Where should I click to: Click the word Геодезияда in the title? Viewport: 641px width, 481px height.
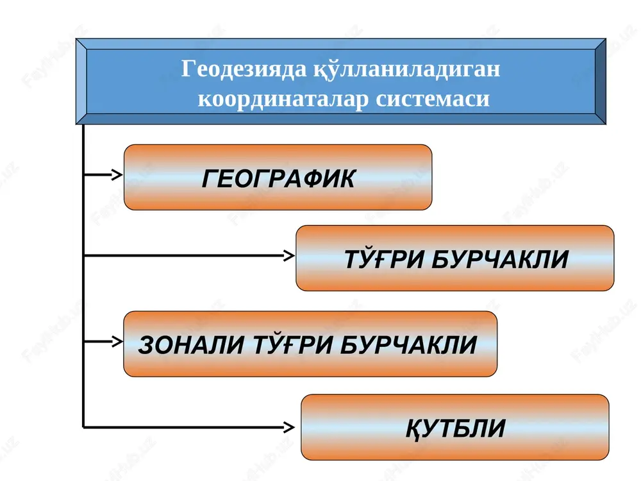coord(244,69)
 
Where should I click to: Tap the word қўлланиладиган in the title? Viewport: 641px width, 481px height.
coord(407,68)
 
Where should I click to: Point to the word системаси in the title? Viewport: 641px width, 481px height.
coord(433,99)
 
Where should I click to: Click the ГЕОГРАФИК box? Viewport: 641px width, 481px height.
coord(278,177)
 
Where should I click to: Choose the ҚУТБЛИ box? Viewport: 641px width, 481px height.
coord(455,427)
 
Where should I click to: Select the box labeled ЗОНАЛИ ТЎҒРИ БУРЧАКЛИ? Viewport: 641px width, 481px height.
coord(310,344)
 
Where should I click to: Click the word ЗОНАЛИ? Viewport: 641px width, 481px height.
coord(191,344)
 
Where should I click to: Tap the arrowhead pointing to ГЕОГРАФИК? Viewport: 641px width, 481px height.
coord(118,174)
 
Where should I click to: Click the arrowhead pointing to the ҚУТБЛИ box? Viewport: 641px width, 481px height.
coord(290,427)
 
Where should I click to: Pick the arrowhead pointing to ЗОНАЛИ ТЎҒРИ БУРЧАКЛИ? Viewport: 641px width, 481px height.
coord(118,341)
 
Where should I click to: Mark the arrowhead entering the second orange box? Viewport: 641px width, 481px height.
coord(290,256)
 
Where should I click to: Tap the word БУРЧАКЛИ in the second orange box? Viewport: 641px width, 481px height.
coord(500,259)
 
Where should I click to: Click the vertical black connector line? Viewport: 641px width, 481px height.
coord(83,276)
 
